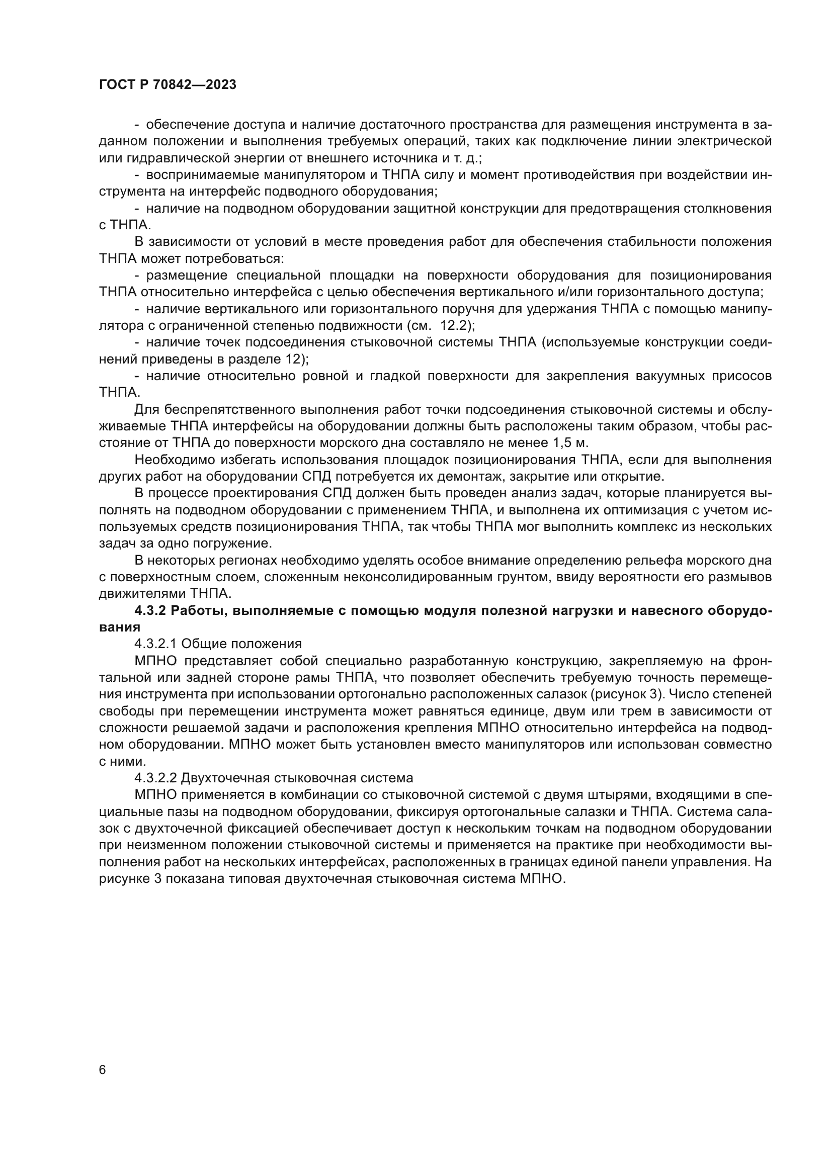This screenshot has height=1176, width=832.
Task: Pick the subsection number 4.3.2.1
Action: (x=156, y=644)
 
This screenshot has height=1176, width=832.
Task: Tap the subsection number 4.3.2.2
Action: (x=156, y=778)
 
